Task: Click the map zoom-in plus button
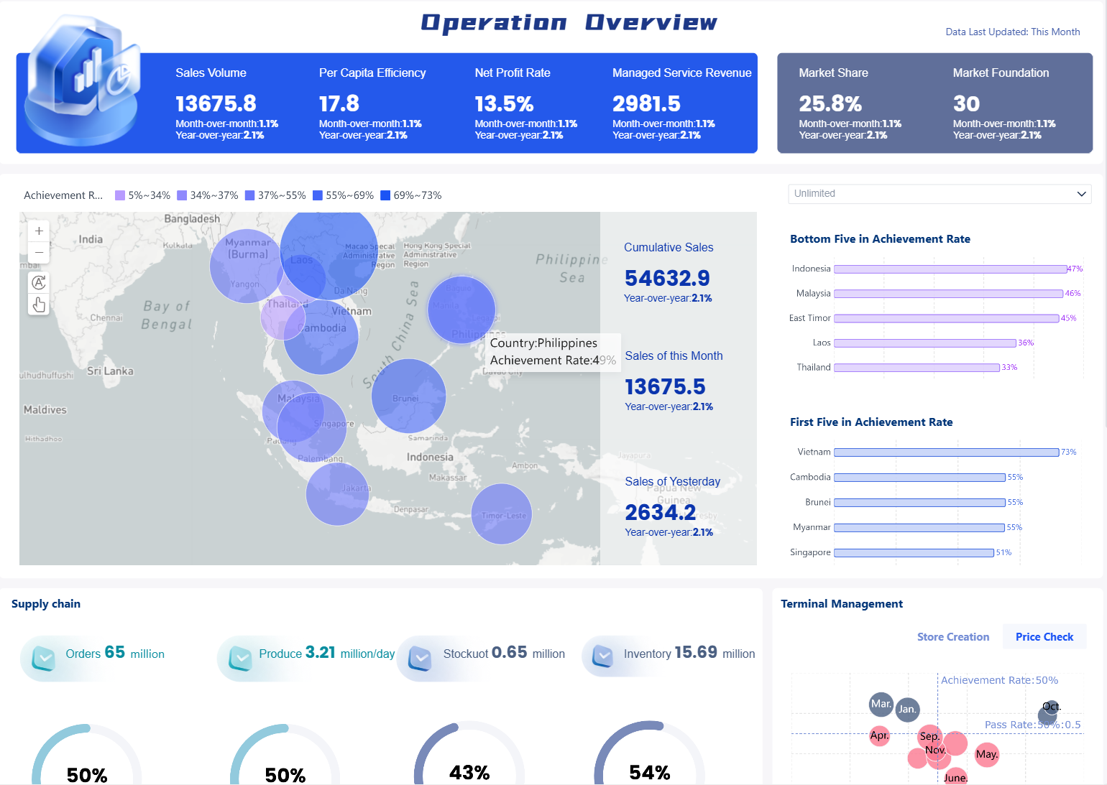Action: coord(39,231)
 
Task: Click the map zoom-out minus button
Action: coord(39,253)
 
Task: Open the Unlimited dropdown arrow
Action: coord(1081,194)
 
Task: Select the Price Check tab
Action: coord(1044,637)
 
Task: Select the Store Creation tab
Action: coord(952,637)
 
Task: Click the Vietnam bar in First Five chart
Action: coord(946,452)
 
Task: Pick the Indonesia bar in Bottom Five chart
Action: coord(950,269)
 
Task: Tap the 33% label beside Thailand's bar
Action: coord(1009,368)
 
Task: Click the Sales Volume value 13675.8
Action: coord(216,104)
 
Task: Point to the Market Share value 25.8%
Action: coord(830,104)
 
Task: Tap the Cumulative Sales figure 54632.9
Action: coord(667,278)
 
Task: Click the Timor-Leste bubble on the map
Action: coord(502,514)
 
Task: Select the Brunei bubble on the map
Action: coord(408,396)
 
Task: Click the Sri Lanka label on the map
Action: coord(110,371)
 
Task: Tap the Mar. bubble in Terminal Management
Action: coord(881,704)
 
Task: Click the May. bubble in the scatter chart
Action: coord(987,754)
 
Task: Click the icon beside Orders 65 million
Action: coord(44,657)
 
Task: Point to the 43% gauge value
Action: coord(469,773)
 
